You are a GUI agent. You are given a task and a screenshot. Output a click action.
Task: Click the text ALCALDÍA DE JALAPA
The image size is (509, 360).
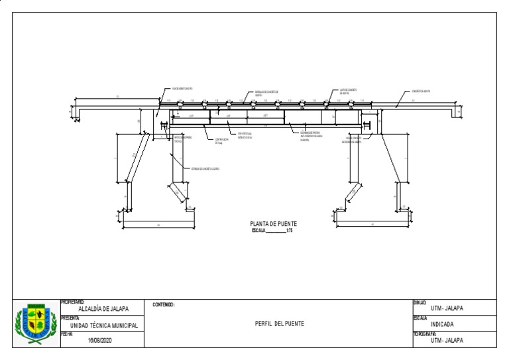(x=103, y=309)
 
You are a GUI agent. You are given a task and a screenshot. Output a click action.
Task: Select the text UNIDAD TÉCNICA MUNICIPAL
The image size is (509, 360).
(x=104, y=326)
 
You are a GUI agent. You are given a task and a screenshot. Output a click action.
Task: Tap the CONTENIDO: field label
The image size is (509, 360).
(x=164, y=305)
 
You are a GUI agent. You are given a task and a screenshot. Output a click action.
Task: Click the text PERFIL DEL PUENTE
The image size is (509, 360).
(x=280, y=324)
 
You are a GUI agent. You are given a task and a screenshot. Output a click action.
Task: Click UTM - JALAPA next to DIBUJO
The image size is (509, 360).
(x=447, y=308)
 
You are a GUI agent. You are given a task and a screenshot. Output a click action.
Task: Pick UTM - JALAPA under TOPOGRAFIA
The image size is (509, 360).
(x=447, y=341)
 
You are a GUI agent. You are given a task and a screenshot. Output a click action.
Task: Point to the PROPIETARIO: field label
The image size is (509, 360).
(x=72, y=302)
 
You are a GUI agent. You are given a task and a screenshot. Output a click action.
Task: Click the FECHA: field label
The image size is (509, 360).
(x=66, y=335)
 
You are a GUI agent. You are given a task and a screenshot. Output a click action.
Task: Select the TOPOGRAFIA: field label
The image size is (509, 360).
(x=425, y=334)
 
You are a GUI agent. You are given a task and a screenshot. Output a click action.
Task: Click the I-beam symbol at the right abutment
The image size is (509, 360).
(x=365, y=124)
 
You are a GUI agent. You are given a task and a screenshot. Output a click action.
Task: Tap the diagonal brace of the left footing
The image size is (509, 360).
(x=178, y=192)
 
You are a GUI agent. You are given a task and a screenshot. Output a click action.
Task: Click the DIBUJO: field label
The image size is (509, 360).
(x=420, y=302)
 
